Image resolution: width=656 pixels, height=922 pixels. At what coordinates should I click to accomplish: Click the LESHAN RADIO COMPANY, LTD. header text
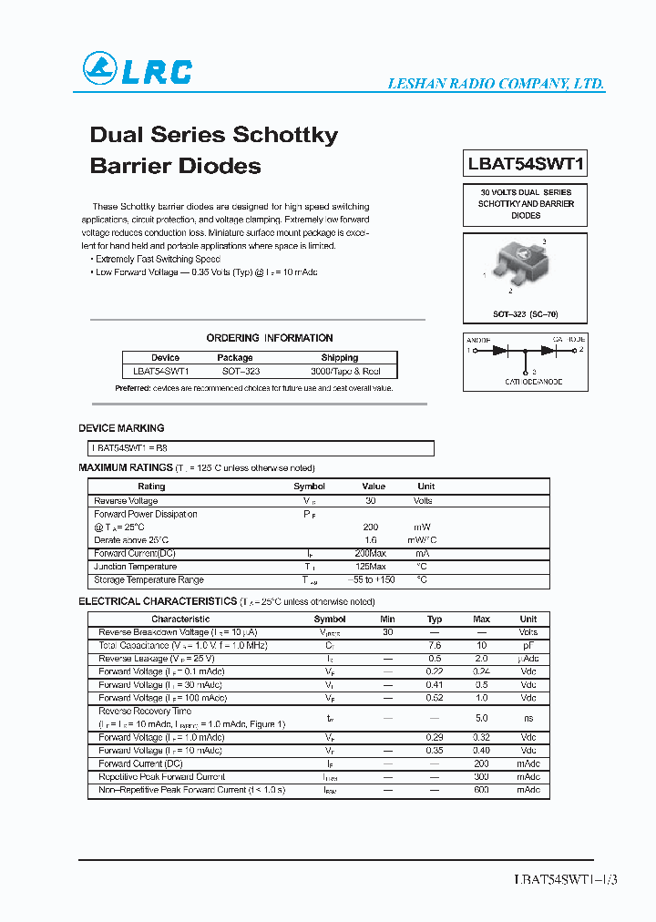(x=496, y=84)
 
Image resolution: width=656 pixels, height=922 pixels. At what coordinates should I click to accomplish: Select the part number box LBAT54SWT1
(x=526, y=165)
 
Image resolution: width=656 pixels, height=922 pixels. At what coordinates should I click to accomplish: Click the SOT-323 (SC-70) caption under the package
(x=525, y=313)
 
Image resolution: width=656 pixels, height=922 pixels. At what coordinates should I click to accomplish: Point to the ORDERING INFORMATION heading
(x=270, y=338)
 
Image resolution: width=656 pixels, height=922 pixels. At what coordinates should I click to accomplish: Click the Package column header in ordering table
(x=235, y=358)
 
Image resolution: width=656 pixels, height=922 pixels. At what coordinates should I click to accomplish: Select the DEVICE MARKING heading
(x=121, y=428)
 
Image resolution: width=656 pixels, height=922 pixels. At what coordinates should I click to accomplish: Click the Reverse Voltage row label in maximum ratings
(x=126, y=501)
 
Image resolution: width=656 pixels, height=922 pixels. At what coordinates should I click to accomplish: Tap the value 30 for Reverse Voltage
(x=370, y=501)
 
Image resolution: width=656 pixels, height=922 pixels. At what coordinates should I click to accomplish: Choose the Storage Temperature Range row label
(x=149, y=579)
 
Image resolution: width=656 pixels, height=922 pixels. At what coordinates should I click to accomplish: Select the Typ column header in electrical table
(x=435, y=619)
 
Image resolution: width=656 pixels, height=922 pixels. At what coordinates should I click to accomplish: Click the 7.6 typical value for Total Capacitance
(x=435, y=645)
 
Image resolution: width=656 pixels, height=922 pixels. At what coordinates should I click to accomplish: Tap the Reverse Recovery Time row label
(x=145, y=711)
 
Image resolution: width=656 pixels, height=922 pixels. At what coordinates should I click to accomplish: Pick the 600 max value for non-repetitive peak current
(x=481, y=790)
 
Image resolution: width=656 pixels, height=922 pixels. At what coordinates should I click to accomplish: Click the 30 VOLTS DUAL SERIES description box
(x=525, y=204)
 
